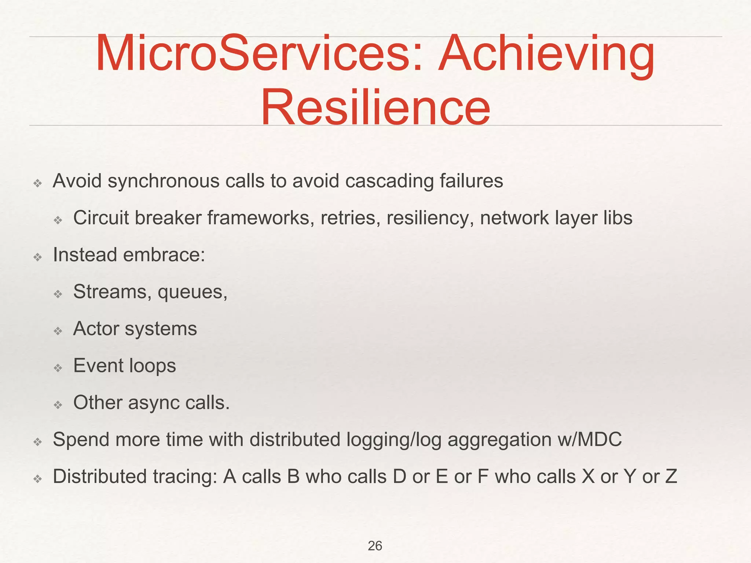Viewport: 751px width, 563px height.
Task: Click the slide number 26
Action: (375, 546)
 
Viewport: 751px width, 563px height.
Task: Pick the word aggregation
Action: (499, 440)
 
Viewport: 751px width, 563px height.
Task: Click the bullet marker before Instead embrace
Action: (37, 257)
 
